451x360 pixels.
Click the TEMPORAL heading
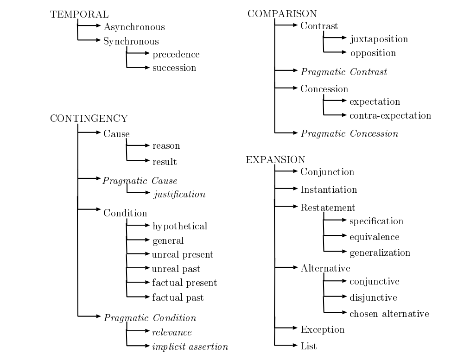[72, 14]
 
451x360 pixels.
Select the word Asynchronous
[134, 27]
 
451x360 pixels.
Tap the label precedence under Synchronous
[176, 55]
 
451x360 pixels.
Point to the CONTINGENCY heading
[89, 119]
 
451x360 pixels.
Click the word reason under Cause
[166, 146]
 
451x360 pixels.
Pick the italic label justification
[179, 194]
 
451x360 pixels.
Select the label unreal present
[183, 254]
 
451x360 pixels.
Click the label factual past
[178, 297]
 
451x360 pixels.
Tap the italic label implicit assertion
[191, 347]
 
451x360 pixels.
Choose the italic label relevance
[172, 332]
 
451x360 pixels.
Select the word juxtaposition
[379, 39]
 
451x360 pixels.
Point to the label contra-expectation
[390, 115]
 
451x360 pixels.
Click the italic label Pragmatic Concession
[349, 134]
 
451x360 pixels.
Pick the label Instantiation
[329, 189]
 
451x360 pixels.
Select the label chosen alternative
[389, 314]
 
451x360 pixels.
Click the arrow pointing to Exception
[287, 329]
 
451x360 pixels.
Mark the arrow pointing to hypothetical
[139, 226]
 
